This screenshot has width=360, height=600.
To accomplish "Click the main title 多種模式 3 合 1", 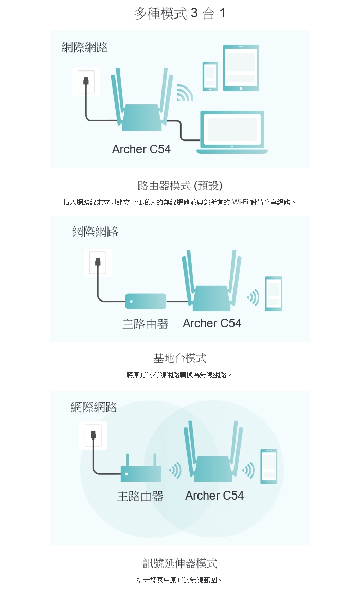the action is point(180,13).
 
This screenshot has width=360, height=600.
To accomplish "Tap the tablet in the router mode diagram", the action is point(241,68).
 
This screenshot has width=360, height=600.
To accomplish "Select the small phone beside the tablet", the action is point(210,77).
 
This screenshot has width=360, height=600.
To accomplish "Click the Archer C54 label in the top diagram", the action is point(141,149).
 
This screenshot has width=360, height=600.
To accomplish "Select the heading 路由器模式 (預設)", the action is point(180,186).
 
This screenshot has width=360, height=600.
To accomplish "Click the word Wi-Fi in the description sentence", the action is point(240,202).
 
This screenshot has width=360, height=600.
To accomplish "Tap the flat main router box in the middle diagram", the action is point(146,301).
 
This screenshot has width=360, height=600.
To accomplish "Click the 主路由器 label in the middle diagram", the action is point(146,324).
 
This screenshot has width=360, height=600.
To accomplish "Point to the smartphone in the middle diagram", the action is point(274,293).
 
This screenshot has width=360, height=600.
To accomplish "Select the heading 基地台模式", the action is point(180,358).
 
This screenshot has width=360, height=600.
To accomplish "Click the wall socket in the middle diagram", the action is point(98,262).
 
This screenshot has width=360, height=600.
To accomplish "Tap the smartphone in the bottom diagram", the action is point(268,466).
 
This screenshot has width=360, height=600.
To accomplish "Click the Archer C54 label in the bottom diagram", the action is point(214,496).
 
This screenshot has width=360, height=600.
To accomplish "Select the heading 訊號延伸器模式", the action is point(180,563).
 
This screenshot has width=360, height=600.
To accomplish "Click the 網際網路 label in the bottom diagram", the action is point(94,407).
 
